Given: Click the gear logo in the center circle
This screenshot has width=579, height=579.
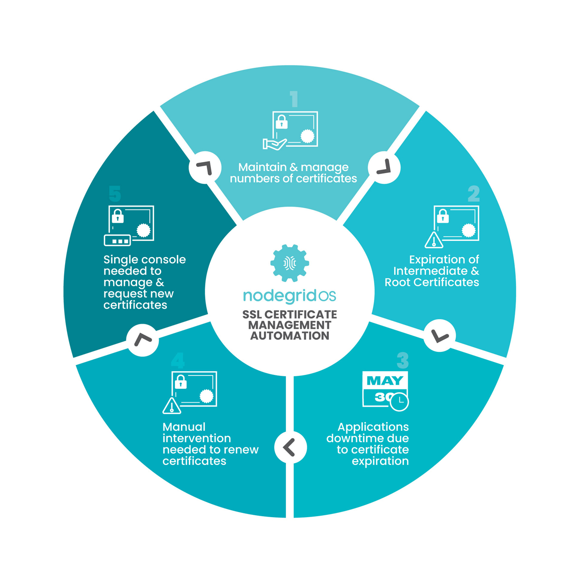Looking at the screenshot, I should (x=289, y=263).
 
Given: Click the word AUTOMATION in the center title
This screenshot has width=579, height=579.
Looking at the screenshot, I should (x=289, y=336).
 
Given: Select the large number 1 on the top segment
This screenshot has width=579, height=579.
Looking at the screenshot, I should (x=294, y=99).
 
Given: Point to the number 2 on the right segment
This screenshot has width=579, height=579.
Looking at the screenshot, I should (x=473, y=194).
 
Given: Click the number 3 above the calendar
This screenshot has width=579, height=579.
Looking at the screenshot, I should (x=403, y=360).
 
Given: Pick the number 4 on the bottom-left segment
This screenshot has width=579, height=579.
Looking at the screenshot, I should (x=178, y=360).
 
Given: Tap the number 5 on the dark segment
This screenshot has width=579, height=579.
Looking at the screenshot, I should (x=115, y=194).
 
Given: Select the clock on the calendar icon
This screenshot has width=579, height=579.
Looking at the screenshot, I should (x=399, y=402).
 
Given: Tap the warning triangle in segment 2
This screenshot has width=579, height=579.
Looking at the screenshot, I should (x=434, y=240).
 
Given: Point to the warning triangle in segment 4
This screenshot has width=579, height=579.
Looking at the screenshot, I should (x=172, y=406).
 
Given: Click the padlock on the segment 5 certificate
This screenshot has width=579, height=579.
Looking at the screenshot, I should (x=118, y=216).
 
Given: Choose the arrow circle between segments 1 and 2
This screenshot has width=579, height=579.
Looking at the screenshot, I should (x=384, y=168).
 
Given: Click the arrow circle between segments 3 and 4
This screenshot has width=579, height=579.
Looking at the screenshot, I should (x=290, y=447).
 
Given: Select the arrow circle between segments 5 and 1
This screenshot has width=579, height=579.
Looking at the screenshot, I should (x=205, y=168).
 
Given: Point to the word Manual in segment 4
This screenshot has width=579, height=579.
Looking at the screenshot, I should (x=184, y=427).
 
